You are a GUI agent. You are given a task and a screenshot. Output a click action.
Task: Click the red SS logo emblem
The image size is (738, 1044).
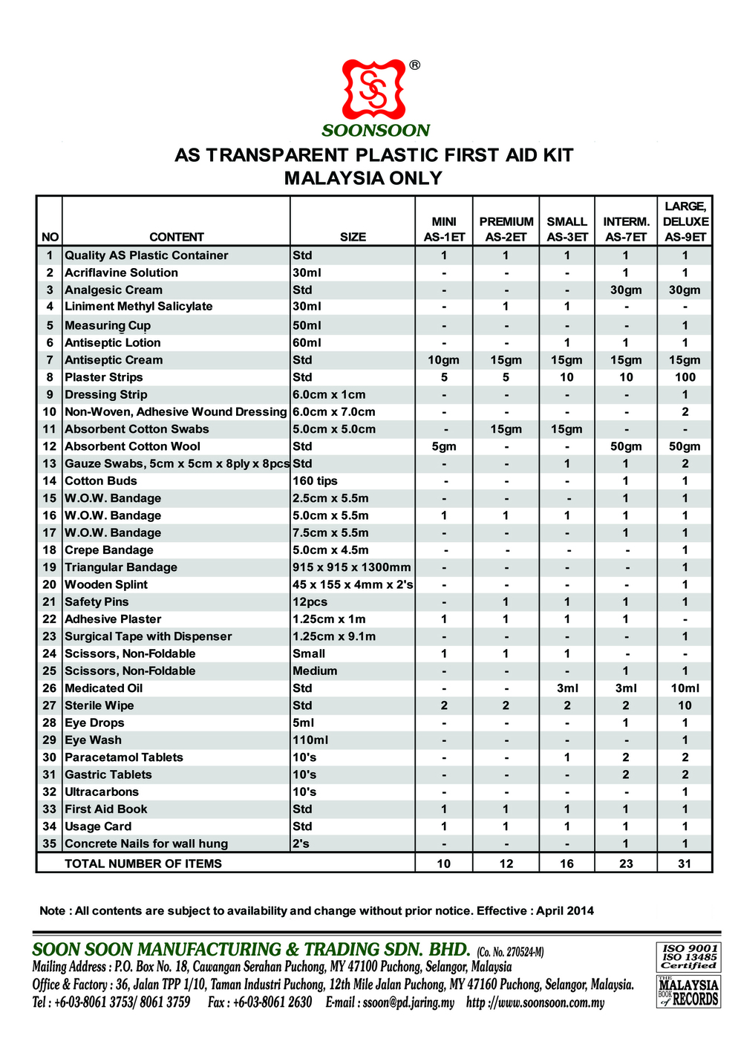tap(375, 90)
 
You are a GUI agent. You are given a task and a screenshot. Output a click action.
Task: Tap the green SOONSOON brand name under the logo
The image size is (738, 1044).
tap(376, 131)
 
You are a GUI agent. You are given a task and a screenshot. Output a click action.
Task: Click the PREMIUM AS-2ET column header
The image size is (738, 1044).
tap(506, 229)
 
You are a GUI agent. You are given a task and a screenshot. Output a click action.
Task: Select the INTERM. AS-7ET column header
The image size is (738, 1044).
tap(626, 229)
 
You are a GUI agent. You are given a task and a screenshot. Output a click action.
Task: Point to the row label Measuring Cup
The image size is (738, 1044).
tap(108, 325)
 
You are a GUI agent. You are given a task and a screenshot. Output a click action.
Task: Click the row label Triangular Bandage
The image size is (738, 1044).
tap(121, 567)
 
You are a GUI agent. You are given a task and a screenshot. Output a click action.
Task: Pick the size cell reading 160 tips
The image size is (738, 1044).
tap(315, 481)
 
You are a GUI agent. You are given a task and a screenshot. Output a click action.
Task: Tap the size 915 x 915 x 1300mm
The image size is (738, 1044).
tap(351, 567)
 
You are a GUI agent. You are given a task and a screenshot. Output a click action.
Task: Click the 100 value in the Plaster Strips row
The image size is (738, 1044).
tap(685, 377)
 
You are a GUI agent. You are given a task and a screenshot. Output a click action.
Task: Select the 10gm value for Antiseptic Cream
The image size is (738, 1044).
tap(443, 360)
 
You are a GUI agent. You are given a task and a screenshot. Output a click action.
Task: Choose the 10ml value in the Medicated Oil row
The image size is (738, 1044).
tap(685, 688)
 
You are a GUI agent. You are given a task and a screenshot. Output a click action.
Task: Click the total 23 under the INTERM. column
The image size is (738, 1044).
tap(626, 864)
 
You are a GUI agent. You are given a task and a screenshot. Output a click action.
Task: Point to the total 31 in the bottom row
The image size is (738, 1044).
tap(685, 864)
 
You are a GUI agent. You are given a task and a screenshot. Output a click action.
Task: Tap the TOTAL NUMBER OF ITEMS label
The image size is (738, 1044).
tap(143, 864)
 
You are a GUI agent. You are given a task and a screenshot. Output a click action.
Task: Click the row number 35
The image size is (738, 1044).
tap(50, 844)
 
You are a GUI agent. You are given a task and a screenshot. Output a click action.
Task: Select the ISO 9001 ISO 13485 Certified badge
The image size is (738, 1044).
tap(689, 956)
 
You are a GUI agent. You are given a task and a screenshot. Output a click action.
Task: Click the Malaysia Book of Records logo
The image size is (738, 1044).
tap(688, 991)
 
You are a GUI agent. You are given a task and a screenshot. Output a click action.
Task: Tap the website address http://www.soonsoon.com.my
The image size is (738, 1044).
tap(535, 1002)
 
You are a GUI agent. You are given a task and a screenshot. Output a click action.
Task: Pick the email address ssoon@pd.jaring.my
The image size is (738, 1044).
tap(408, 1002)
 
